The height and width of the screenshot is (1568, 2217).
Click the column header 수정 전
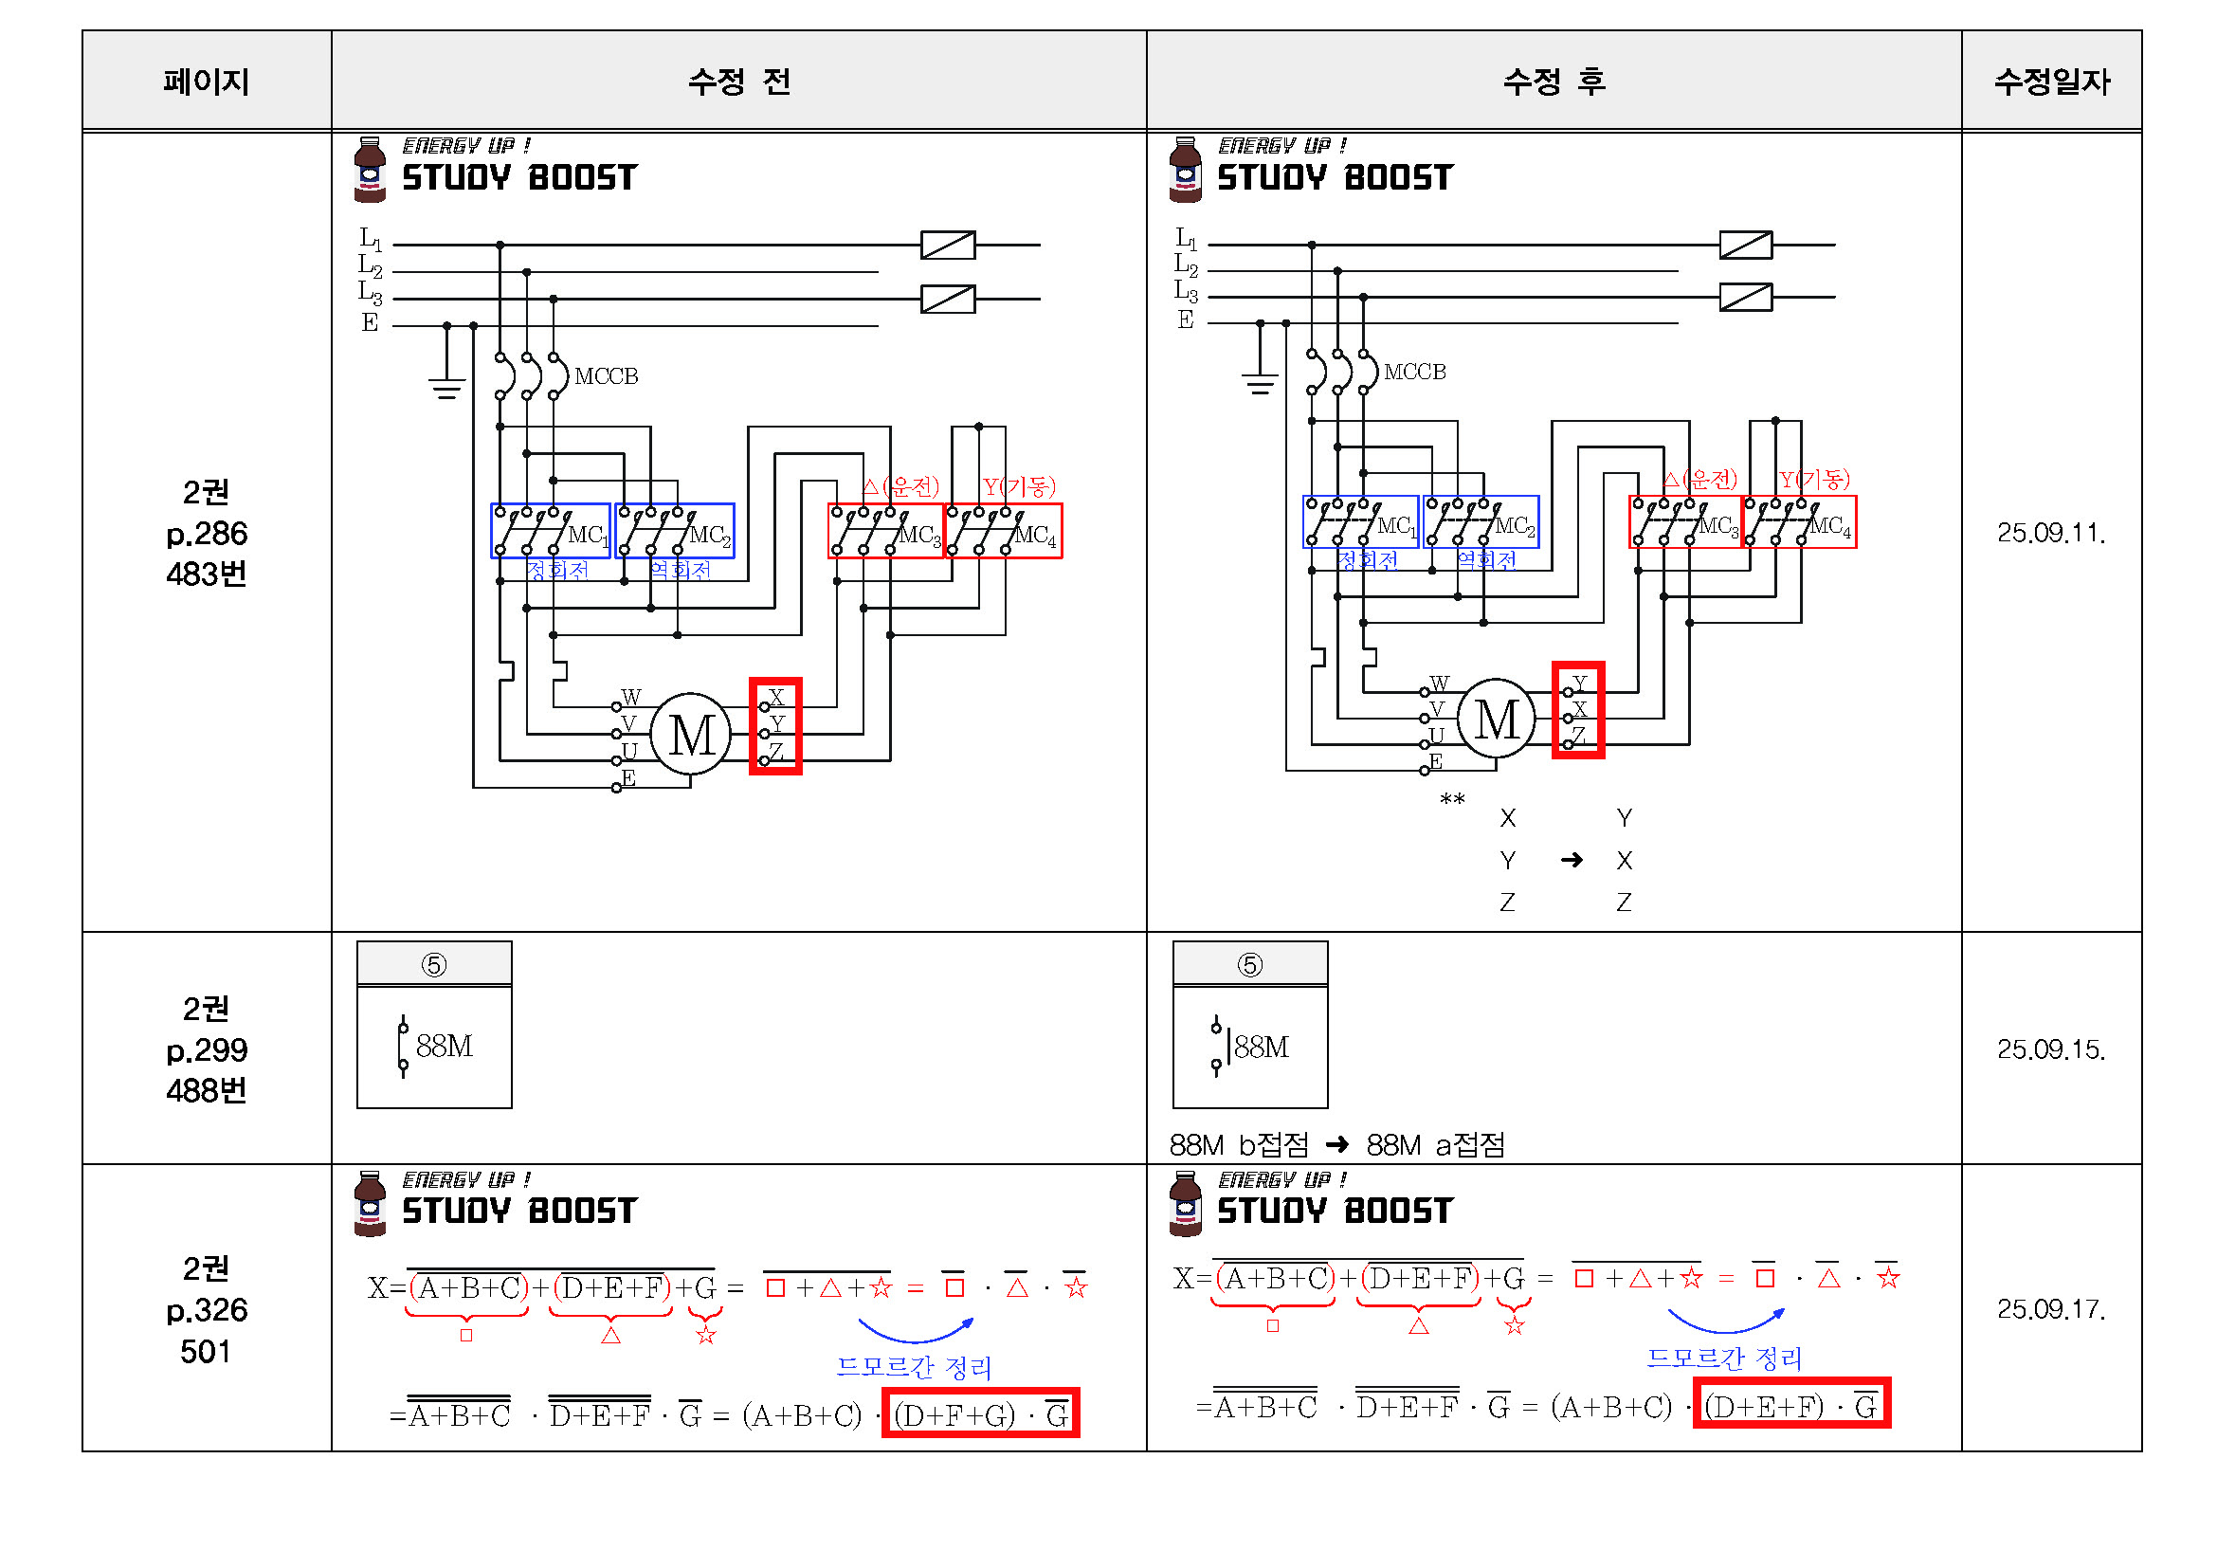pyautogui.click(x=738, y=82)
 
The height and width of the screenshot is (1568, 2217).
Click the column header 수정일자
pyautogui.click(x=2051, y=82)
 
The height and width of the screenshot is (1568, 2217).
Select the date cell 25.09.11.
pyautogui.click(x=2051, y=533)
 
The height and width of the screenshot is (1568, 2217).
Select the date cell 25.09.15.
pyautogui.click(x=2051, y=1049)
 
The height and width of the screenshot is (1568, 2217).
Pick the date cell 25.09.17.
pyautogui.click(x=2051, y=1309)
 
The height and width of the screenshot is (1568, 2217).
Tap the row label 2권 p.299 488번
pyautogui.click(x=206, y=1049)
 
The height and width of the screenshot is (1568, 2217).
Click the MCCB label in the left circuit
pyautogui.click(x=606, y=376)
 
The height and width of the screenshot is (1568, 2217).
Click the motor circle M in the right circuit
pyautogui.click(x=1496, y=720)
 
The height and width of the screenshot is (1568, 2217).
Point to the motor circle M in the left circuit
pyautogui.click(x=690, y=736)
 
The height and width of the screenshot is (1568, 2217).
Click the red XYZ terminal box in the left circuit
pyautogui.click(x=775, y=726)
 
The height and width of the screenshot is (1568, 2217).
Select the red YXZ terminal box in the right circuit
pyautogui.click(x=1578, y=711)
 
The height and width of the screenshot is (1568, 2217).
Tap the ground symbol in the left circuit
pyautogui.click(x=446, y=386)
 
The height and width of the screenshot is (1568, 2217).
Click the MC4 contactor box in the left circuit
pyautogui.click(x=1004, y=531)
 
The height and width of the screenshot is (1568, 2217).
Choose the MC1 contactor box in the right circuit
pyautogui.click(x=1360, y=522)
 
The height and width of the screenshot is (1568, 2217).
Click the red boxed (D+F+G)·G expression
pyautogui.click(x=980, y=1413)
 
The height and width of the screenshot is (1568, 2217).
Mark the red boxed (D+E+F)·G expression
pyautogui.click(x=1791, y=1405)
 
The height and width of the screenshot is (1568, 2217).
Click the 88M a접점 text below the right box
pyautogui.click(x=1435, y=1146)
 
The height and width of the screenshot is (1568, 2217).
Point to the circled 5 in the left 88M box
pyautogui.click(x=433, y=965)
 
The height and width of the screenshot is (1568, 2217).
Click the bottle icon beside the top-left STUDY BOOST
pyautogui.click(x=370, y=170)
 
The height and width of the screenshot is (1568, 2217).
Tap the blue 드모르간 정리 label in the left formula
pyautogui.click(x=914, y=1367)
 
